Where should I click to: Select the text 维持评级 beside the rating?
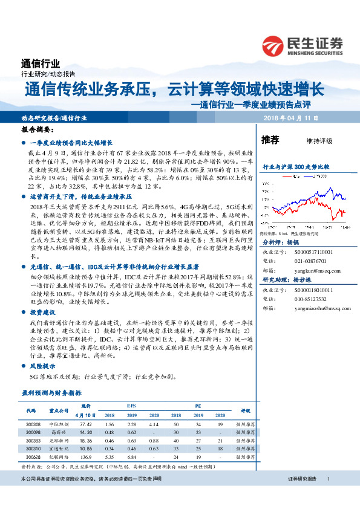pos(319,141)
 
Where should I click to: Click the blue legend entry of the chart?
pos(321,177)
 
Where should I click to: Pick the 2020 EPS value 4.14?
pos(154,425)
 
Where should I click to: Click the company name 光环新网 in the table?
pos(58,441)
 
